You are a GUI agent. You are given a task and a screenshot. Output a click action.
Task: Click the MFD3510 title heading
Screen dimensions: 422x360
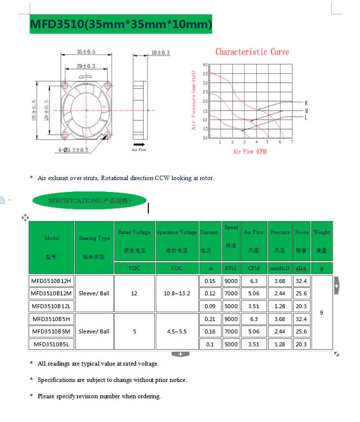click(x=121, y=24)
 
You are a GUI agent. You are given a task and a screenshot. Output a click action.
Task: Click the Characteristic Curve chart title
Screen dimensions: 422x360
click(x=252, y=52)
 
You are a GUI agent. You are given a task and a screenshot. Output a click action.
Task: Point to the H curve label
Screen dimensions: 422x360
click(x=306, y=102)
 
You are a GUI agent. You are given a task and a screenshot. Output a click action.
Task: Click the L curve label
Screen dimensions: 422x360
click(x=306, y=118)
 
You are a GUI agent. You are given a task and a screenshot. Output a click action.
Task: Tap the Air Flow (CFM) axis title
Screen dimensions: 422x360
click(x=250, y=151)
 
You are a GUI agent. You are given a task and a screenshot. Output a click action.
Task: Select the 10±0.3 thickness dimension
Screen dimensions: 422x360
click(x=160, y=52)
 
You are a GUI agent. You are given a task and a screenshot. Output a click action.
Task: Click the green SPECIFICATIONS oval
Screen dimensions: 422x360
click(x=90, y=200)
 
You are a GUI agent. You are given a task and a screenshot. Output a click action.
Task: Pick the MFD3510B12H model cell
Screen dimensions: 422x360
click(x=51, y=281)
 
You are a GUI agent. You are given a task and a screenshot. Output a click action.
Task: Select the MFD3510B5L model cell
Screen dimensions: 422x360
click(x=51, y=344)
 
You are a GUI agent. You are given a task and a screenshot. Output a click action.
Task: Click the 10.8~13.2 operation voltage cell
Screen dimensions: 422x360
click(x=177, y=293)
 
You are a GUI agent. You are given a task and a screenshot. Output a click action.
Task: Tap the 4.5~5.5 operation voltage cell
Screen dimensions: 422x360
click(x=177, y=331)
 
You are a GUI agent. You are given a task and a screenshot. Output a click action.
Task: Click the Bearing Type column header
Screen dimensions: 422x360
click(x=94, y=238)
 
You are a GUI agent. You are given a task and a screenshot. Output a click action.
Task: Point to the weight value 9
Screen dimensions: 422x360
click(x=321, y=313)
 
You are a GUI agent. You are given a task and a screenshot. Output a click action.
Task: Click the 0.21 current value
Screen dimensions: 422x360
click(x=210, y=319)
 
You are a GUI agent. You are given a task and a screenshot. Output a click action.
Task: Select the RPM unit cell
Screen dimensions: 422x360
click(x=230, y=268)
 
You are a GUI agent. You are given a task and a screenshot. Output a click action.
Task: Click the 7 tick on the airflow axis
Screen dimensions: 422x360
click(x=292, y=142)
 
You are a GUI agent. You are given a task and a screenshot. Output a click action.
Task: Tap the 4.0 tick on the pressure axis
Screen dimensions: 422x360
click(x=205, y=65)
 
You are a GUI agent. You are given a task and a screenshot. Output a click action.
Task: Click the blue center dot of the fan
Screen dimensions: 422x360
click(x=86, y=110)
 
